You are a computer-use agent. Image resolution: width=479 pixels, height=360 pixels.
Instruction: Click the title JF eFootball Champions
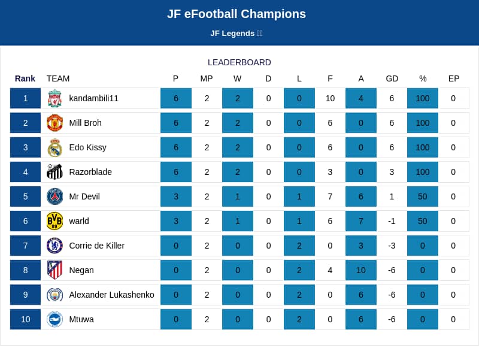[237, 14]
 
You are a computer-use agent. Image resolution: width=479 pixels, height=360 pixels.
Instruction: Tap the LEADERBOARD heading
[239, 62]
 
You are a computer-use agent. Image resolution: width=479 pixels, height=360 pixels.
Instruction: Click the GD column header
[392, 79]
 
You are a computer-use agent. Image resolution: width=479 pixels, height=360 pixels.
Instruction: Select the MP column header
[207, 79]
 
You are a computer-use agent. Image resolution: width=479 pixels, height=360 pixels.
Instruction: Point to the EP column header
[454, 79]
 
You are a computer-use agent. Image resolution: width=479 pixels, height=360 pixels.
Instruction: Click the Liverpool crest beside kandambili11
[54, 98]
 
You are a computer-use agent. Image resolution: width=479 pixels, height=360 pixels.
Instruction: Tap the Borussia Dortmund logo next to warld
[54, 221]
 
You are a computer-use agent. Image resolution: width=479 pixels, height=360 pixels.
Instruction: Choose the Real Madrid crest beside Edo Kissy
[54, 147]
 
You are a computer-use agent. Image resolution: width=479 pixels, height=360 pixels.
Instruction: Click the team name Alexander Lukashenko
[111, 295]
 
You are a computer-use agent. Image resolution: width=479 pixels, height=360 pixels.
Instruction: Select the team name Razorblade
[90, 172]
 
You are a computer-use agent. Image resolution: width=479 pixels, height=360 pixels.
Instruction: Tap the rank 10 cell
[25, 319]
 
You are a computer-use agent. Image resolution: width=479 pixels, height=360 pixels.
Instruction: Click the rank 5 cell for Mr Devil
[25, 196]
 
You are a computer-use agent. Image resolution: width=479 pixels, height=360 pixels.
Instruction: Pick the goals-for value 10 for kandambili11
[330, 98]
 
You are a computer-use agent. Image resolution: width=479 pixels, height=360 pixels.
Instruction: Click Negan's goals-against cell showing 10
[361, 270]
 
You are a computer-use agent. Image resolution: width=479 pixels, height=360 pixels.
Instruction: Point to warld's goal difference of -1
[392, 221]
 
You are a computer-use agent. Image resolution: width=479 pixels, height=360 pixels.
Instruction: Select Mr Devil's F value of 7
[330, 196]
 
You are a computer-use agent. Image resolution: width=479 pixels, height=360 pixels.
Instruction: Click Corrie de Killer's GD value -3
[392, 246]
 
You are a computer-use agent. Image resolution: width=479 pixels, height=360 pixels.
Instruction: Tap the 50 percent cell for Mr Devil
[423, 196]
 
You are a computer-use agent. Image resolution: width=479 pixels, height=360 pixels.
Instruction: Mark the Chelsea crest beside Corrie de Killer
[54, 246]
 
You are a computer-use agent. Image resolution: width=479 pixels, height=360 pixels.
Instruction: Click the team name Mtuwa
[81, 319]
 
